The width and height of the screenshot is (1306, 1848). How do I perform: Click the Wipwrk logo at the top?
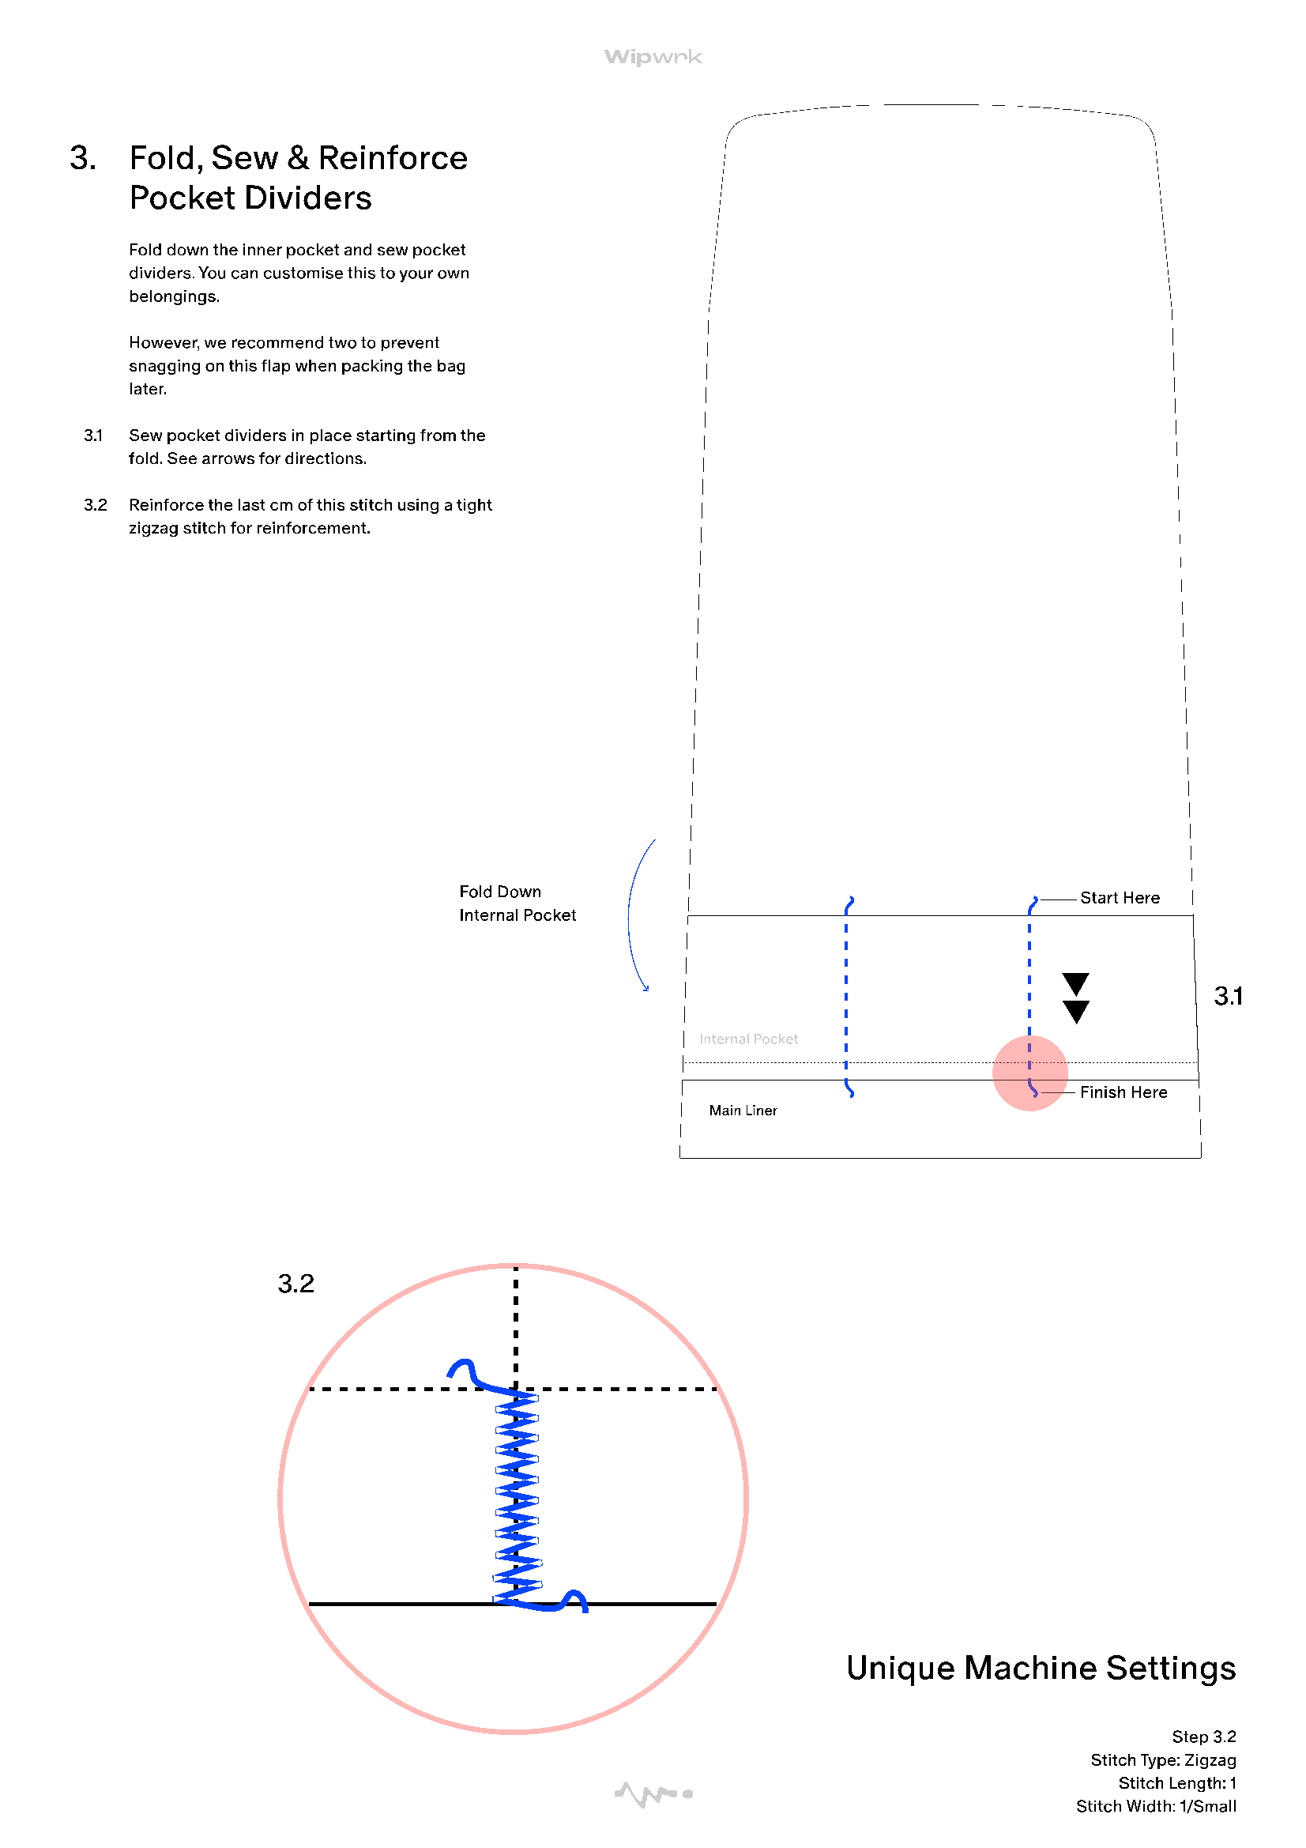point(653,57)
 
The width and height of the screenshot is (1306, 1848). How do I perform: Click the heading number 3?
point(83,159)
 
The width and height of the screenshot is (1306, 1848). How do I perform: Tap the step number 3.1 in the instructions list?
point(93,436)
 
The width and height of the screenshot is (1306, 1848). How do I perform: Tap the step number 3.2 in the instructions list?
point(95,504)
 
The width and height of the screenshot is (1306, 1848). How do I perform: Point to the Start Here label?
point(1120,897)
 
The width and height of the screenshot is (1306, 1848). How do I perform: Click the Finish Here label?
point(1123,1092)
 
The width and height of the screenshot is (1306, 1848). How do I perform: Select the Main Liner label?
point(743,1111)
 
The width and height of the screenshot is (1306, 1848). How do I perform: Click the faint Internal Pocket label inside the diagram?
point(748,1039)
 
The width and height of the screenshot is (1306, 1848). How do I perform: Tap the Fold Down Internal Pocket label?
point(518,903)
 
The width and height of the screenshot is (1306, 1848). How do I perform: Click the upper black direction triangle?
point(1076,982)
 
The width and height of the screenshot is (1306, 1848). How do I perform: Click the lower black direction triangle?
point(1076,1011)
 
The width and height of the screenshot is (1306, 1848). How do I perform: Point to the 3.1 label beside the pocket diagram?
point(1228,997)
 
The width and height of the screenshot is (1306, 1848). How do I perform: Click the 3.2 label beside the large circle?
point(295,1284)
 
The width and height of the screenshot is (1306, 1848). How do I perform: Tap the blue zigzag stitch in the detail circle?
point(517,1497)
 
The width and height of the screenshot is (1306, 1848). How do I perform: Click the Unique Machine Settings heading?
point(1041,1669)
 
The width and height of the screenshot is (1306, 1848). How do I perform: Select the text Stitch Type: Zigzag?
point(1163,1760)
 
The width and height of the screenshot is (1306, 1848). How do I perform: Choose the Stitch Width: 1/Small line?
point(1156,1807)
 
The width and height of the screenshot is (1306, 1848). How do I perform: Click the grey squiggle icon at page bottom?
point(653,1794)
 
